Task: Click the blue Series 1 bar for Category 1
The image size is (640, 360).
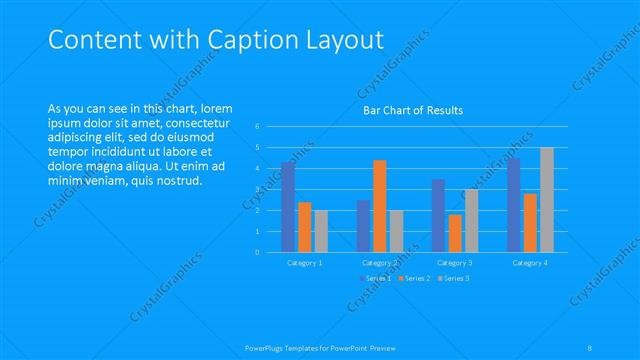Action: point(288,207)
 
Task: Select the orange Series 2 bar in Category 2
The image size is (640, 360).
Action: point(379,206)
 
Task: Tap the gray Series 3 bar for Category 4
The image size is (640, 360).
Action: point(546,200)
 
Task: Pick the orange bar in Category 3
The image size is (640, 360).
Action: point(455,233)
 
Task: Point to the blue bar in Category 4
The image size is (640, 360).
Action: point(513,205)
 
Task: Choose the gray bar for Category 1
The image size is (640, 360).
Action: point(321,231)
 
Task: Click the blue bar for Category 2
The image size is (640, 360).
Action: point(363,226)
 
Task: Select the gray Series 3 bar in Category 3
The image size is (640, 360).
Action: point(471,221)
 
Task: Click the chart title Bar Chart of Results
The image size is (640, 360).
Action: point(412,110)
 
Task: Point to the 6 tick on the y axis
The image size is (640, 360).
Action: point(257,126)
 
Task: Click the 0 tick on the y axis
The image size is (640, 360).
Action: point(257,252)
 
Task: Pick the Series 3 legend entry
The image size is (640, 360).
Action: point(456,277)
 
